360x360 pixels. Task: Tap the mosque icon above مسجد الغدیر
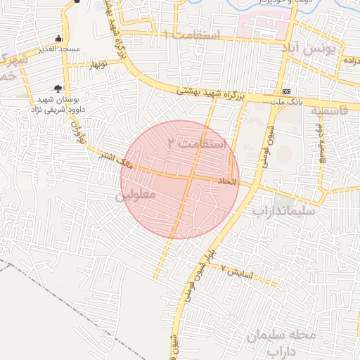58,38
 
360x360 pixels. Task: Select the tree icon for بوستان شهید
57,88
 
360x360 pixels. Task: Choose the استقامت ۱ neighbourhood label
191,34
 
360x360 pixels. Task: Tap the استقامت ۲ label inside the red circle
198,144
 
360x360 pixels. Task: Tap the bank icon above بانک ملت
286,92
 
